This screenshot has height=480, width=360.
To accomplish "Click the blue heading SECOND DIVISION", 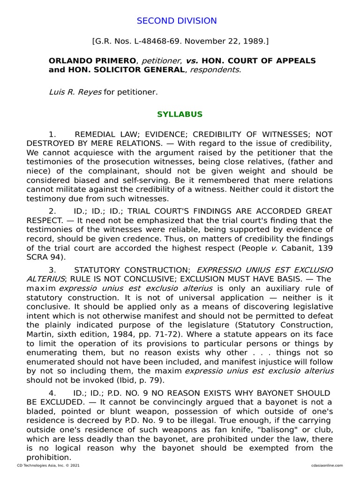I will pos(177,21).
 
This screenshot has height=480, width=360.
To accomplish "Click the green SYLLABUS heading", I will pos(180,114).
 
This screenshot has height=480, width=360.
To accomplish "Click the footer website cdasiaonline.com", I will pos(327,465).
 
